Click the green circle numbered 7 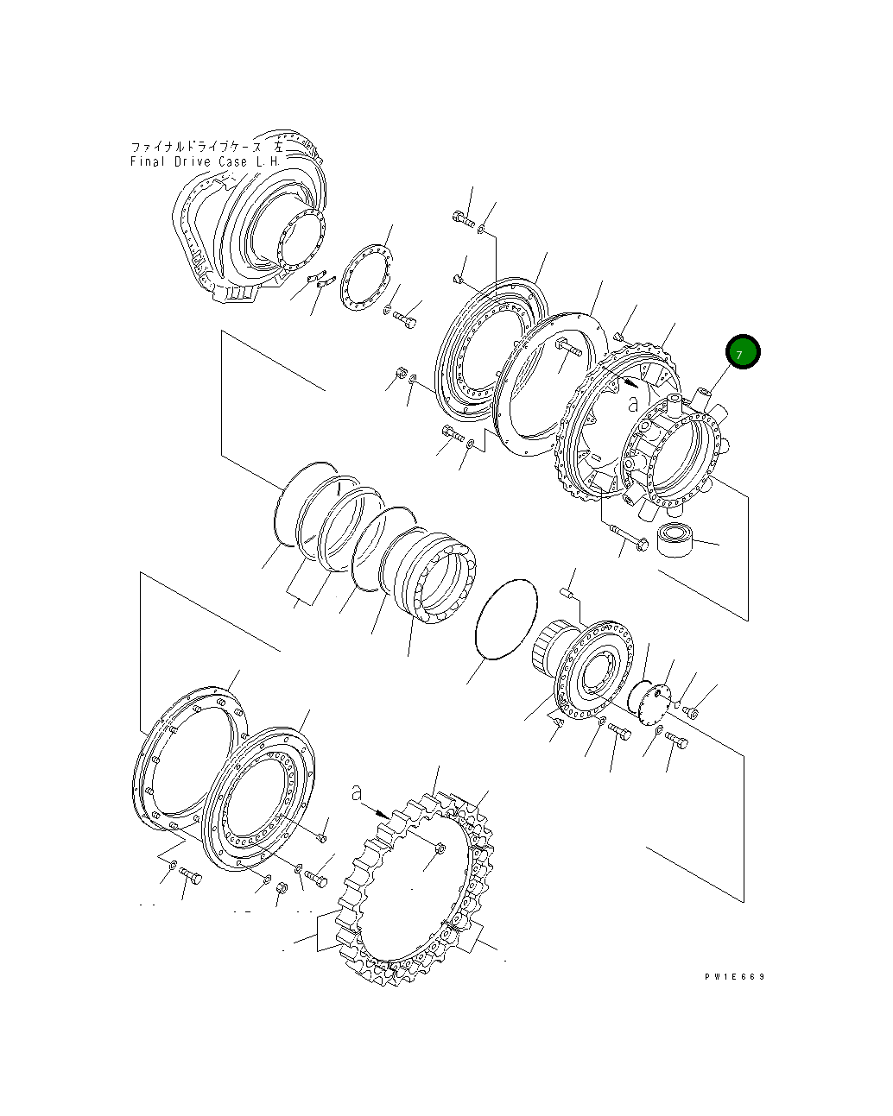tap(743, 351)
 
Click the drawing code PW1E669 tap(735, 976)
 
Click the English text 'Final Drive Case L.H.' tap(205, 161)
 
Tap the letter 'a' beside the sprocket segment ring tap(356, 793)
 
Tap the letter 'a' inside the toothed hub tap(633, 403)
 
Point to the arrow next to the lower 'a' tap(375, 810)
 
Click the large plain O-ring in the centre tap(506, 620)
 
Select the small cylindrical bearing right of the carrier tap(675, 539)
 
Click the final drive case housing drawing tap(249, 218)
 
